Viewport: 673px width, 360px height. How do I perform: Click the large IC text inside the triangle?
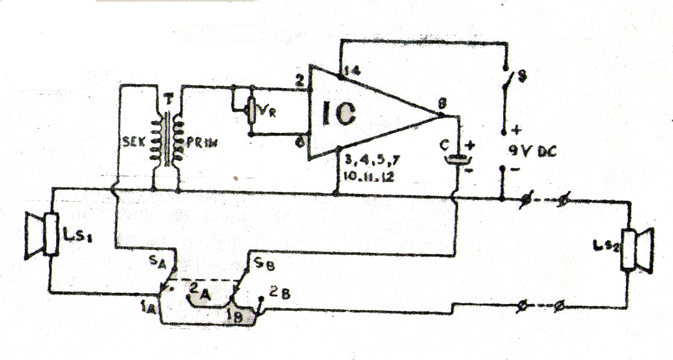[x=338, y=113]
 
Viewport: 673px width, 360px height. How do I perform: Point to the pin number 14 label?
[x=352, y=70]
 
